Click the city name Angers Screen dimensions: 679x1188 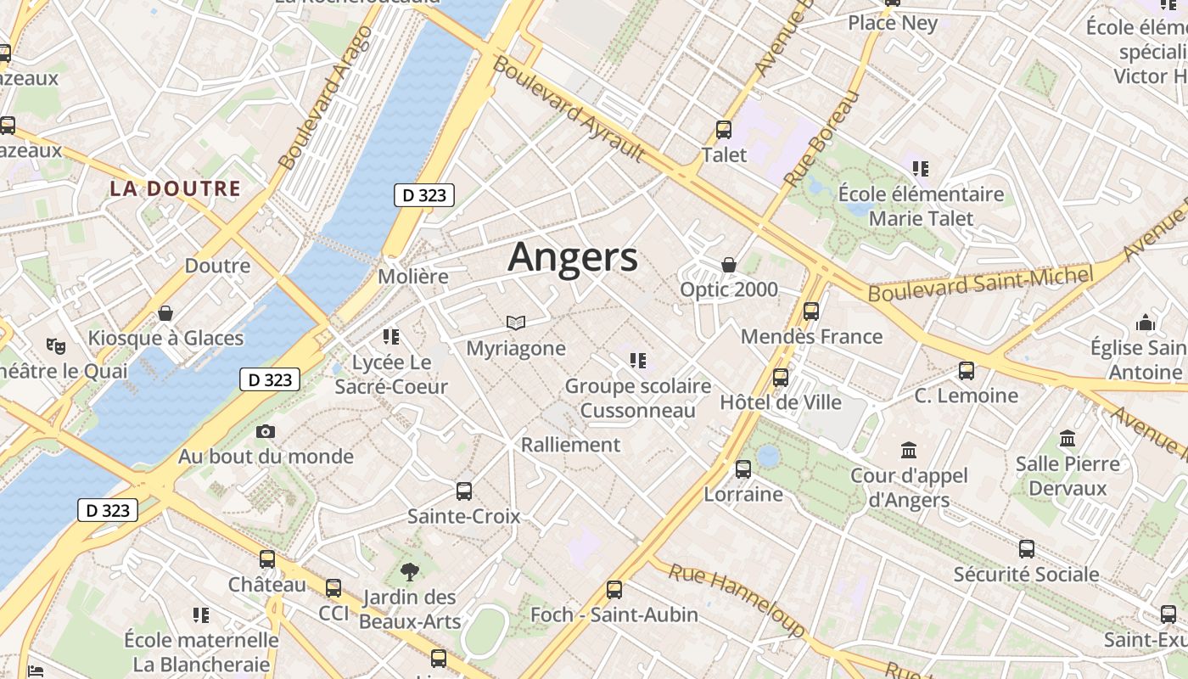coord(573,256)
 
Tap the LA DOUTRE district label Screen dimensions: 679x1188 coord(175,188)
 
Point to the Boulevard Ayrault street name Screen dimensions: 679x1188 coord(569,109)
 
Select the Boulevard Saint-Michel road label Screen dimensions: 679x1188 coord(980,283)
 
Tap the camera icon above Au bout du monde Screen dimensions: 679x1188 coord(266,431)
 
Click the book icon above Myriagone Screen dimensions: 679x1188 coord(516,323)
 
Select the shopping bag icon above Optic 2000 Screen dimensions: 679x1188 coord(728,265)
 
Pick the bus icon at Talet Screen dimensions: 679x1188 coord(724,130)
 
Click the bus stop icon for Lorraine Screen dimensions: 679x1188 coord(743,469)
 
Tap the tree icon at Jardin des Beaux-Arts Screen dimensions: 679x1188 coord(410,571)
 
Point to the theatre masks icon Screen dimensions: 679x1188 coord(56,345)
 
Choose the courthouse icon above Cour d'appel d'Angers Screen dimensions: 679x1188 coord(909,450)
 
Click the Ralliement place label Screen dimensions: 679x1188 coord(570,445)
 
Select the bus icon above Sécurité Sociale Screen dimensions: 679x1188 coord(1027,549)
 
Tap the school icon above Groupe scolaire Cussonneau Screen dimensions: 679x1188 coord(638,361)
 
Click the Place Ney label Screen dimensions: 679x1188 coord(893,23)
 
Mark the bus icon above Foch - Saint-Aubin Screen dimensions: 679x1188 coord(614,589)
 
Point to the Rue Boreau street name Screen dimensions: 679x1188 coord(821,137)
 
